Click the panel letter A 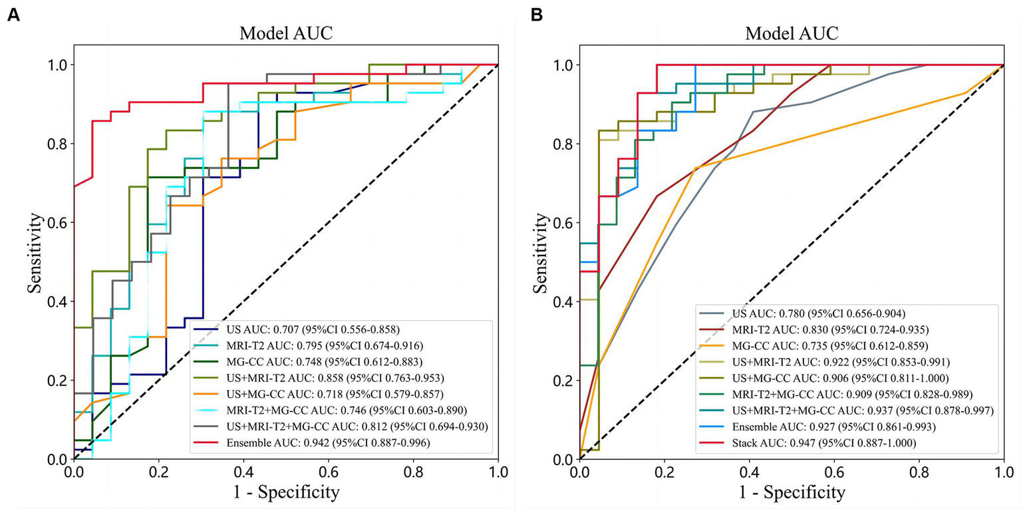click(13, 15)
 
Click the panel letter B click(533, 15)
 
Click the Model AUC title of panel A click(286, 33)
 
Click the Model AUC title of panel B click(792, 33)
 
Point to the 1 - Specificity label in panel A click(286, 493)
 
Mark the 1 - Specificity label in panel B click(792, 493)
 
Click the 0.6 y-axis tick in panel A click(57, 222)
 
